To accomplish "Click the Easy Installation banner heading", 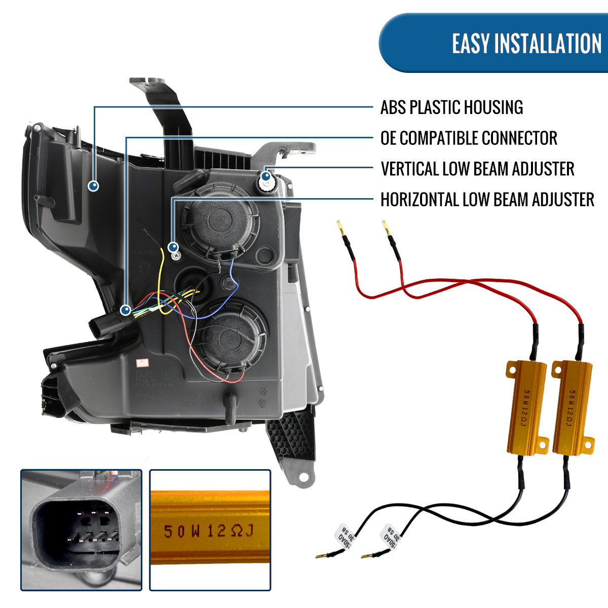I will coord(526,43).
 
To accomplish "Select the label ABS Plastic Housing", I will coord(451,107).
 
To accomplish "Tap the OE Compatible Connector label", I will coord(469,138).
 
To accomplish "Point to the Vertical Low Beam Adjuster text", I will coord(477,169).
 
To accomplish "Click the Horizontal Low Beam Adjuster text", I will coord(487,200).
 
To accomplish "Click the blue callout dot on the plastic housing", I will coord(93,186).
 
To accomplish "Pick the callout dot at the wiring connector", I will coord(126,309).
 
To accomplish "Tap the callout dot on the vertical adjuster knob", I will coord(266,176).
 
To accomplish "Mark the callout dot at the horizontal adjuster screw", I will coord(173,247).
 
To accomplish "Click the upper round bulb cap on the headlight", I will coord(220,222).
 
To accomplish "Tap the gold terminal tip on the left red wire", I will coord(339,227).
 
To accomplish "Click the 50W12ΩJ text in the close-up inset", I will coord(208,531).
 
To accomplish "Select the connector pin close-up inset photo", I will coord(81,529).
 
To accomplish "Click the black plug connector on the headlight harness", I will coord(106,324).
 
